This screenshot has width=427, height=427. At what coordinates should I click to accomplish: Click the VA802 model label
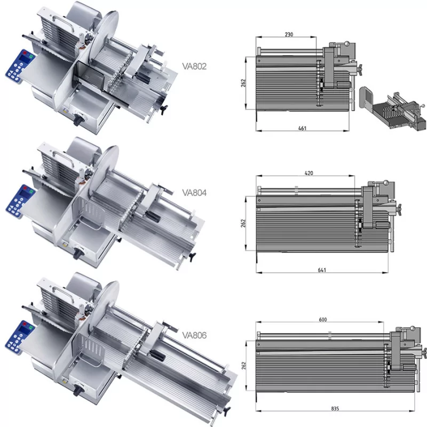tap(194, 66)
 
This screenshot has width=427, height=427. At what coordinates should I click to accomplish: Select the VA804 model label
tap(194, 193)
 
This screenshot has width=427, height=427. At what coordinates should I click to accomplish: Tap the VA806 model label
tap(194, 335)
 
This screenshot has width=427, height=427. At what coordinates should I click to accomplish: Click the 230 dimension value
tap(289, 34)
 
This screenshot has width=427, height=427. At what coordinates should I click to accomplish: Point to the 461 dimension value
tap(303, 128)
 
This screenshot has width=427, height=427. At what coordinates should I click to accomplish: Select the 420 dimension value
tap(309, 173)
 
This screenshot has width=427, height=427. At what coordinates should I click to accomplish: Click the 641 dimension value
tap(322, 270)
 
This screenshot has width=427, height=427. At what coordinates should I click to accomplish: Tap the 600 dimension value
tap(323, 319)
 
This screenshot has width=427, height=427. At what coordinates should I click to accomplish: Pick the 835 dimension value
tap(335, 408)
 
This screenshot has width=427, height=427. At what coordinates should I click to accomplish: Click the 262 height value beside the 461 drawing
tap(243, 83)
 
